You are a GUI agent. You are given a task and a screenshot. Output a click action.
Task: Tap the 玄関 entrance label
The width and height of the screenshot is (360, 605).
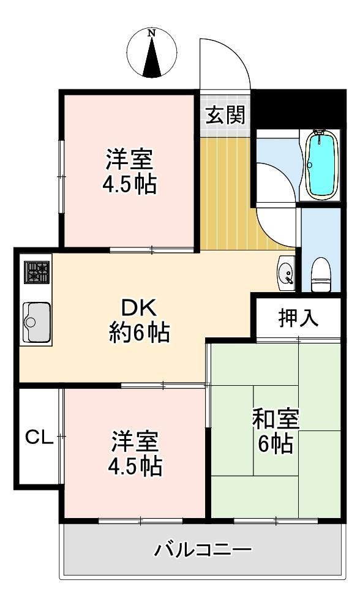click(225, 115)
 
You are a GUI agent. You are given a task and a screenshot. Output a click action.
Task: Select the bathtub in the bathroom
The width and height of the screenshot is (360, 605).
click(321, 165)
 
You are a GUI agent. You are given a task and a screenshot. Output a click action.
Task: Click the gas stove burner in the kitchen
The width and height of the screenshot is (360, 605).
click(36, 272)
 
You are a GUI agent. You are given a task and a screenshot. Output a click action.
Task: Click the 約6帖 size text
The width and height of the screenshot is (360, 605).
click(140, 333)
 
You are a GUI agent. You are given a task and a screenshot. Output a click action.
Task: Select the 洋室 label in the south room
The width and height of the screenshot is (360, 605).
click(135, 442)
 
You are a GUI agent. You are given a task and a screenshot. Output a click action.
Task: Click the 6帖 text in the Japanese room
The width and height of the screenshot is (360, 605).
click(274, 445)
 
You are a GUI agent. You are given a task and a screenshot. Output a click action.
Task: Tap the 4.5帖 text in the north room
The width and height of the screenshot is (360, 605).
click(129, 184)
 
